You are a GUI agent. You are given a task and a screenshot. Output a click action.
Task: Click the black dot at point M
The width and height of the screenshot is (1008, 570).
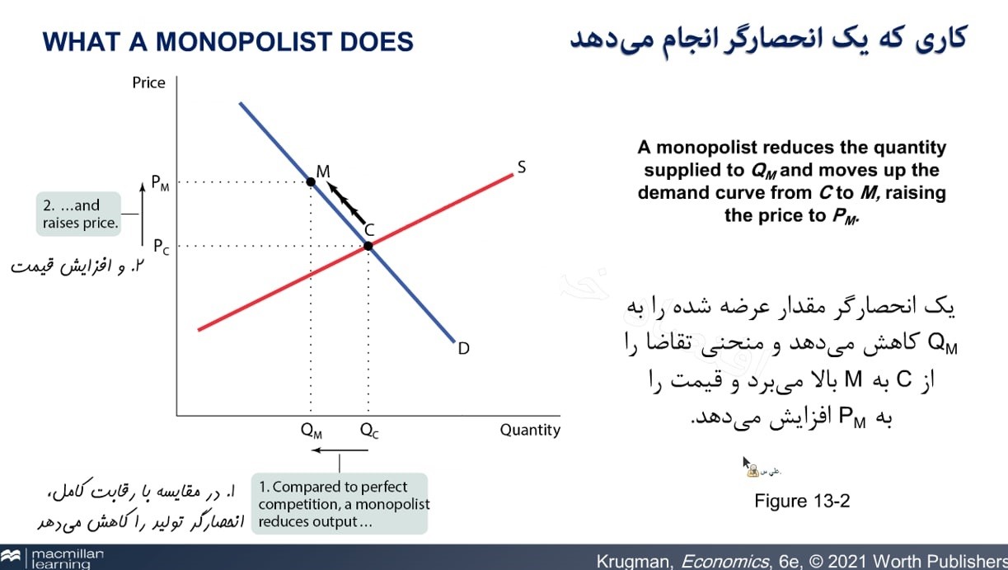[311, 181]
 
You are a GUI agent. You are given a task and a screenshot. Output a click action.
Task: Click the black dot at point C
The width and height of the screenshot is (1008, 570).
[368, 246]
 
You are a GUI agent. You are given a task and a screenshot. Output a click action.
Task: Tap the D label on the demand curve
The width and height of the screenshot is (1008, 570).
[464, 349]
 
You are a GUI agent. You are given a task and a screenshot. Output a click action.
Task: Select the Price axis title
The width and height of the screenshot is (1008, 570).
[148, 82]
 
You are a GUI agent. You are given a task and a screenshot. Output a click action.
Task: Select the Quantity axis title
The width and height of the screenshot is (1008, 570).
[529, 430]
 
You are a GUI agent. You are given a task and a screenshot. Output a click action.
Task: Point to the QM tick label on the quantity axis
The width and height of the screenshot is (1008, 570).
[312, 430]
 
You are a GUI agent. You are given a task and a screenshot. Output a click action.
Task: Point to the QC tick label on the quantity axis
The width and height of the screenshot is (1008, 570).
[369, 430]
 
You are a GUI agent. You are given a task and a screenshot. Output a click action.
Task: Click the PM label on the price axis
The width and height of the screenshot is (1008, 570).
[161, 183]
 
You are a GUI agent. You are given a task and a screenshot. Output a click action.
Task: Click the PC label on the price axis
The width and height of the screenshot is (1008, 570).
[161, 246]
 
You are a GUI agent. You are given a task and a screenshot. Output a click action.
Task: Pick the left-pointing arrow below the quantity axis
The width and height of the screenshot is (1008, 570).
[340, 450]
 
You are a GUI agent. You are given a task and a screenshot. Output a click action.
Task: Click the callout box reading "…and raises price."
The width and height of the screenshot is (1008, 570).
[79, 214]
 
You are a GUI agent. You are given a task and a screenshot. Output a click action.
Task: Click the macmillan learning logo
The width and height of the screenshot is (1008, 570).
[53, 558]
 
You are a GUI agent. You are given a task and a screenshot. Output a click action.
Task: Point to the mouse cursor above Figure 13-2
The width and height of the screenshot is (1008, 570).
[746, 463]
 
